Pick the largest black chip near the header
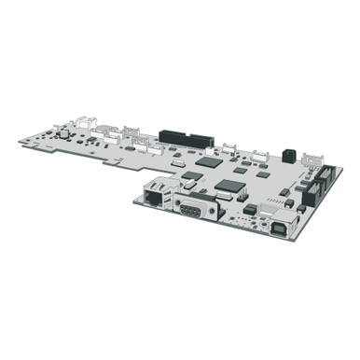(x=209, y=160)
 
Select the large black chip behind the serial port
(x=228, y=185)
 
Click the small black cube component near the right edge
(x=290, y=155)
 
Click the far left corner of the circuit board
(x=21, y=141)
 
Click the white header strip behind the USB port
(x=300, y=203)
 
